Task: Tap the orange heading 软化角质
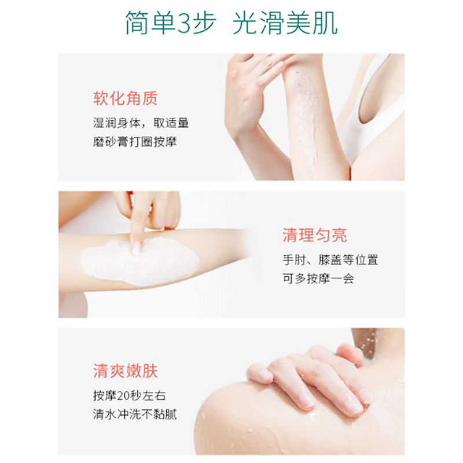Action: point(126,99)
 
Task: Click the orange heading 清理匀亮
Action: point(315,235)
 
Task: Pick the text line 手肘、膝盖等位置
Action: point(330,260)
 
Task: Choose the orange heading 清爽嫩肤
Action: point(126,370)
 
